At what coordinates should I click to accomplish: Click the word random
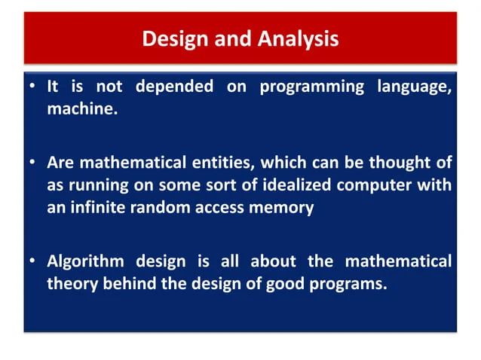[158, 208]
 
